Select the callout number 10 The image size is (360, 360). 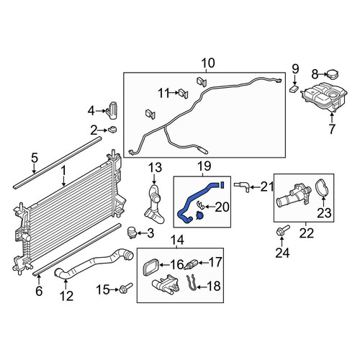(x=208, y=63)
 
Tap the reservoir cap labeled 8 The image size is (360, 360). (x=332, y=73)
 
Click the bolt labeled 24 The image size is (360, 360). (x=283, y=230)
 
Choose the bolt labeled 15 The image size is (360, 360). (x=126, y=288)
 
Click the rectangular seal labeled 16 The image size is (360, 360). (x=150, y=266)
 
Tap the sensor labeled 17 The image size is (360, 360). (x=190, y=264)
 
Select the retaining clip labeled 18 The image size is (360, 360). (x=192, y=284)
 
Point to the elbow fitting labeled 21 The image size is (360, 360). (x=242, y=186)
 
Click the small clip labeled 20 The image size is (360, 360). (x=200, y=205)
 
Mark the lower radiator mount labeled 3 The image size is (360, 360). (x=132, y=233)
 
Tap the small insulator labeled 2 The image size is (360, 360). (x=112, y=130)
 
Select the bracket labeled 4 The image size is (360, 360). (x=112, y=110)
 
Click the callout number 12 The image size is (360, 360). (x=66, y=296)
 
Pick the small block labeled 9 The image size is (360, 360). (x=295, y=89)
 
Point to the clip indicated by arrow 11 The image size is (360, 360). (x=184, y=94)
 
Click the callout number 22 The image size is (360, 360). (x=307, y=233)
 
